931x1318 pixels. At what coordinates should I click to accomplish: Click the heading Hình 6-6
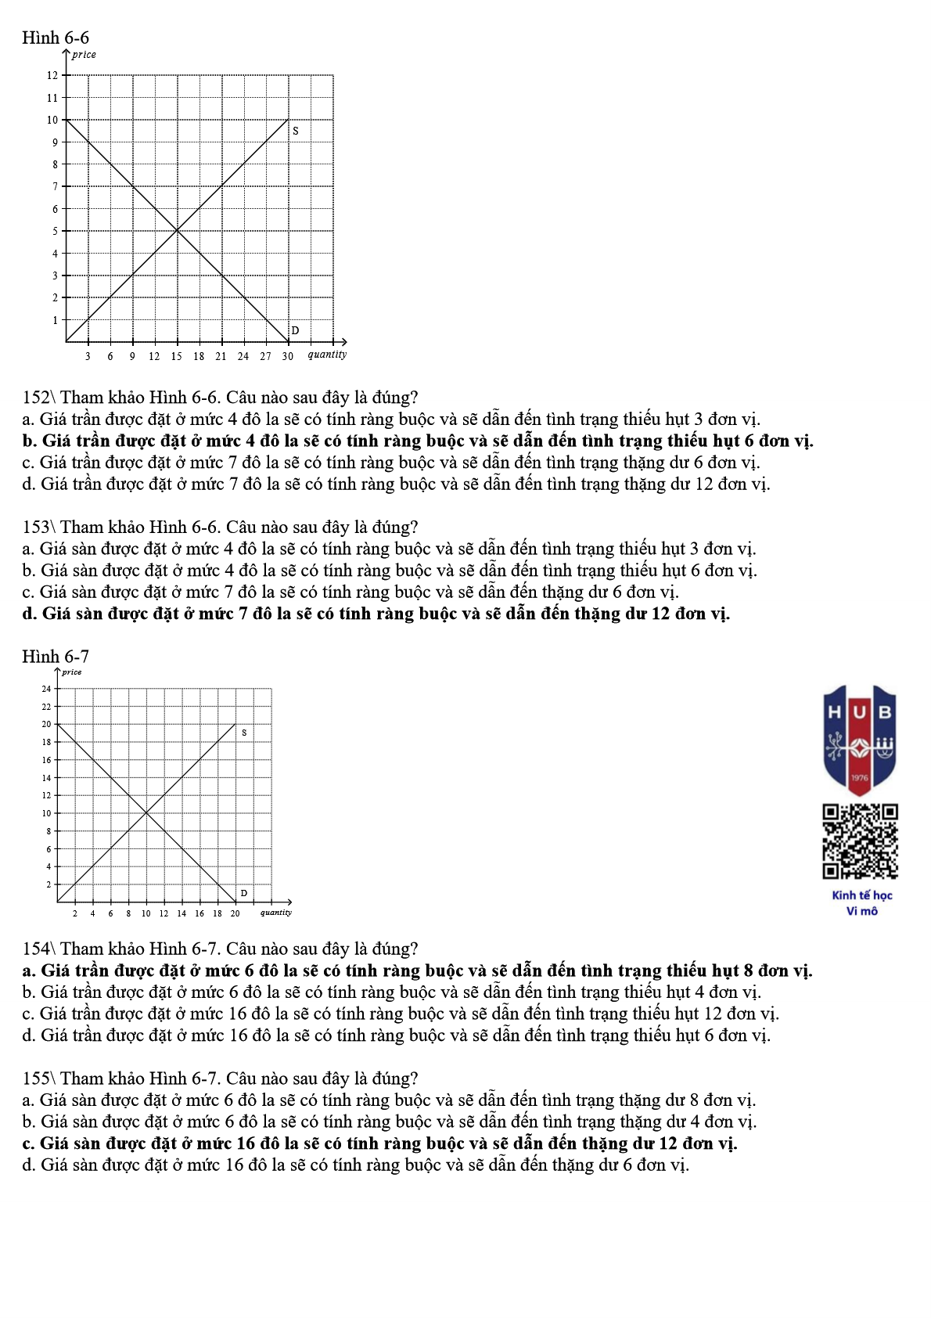[x=56, y=38]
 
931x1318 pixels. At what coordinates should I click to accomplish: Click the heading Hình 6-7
[x=56, y=656]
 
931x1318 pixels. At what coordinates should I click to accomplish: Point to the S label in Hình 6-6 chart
[x=296, y=131]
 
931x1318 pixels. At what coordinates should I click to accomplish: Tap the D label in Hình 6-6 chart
[x=295, y=330]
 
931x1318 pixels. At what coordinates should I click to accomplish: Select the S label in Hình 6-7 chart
[x=244, y=733]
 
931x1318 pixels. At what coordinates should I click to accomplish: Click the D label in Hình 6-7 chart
[x=243, y=893]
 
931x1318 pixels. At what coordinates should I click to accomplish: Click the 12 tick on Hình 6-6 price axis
[x=52, y=75]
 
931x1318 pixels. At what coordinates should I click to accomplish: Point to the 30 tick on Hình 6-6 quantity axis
[x=288, y=356]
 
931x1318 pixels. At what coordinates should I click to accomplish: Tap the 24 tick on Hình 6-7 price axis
[x=46, y=689]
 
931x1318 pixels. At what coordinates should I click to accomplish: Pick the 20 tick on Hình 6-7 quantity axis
[x=235, y=913]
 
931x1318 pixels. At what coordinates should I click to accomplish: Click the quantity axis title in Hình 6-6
[x=327, y=355]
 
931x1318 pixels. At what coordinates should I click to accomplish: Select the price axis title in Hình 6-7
[x=72, y=672]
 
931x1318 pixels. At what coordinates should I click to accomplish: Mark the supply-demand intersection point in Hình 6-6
[x=178, y=231]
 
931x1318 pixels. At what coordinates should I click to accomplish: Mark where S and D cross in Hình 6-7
[x=146, y=813]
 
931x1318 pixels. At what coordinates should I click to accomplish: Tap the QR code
[x=860, y=841]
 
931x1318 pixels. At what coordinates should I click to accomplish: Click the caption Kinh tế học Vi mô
[x=861, y=902]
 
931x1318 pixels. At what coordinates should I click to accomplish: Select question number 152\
[x=39, y=398]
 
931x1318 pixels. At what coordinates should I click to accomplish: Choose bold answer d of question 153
[x=376, y=614]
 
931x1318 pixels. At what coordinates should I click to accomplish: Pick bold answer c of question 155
[x=379, y=1143]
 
